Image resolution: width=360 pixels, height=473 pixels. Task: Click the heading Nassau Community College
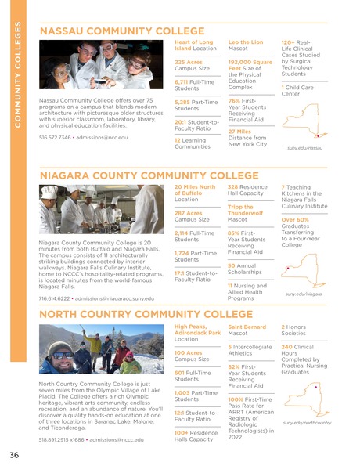coord(121,31)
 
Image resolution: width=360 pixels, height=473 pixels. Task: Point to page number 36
coord(14,456)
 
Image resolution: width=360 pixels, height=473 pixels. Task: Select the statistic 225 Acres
coord(189,62)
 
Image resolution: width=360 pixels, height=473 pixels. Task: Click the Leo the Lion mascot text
coord(245,41)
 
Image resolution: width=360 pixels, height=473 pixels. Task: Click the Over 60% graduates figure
coord(295,220)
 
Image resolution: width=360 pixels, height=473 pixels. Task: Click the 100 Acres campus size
coord(189,353)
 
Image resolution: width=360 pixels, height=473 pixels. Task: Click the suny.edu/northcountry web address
coord(308,423)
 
